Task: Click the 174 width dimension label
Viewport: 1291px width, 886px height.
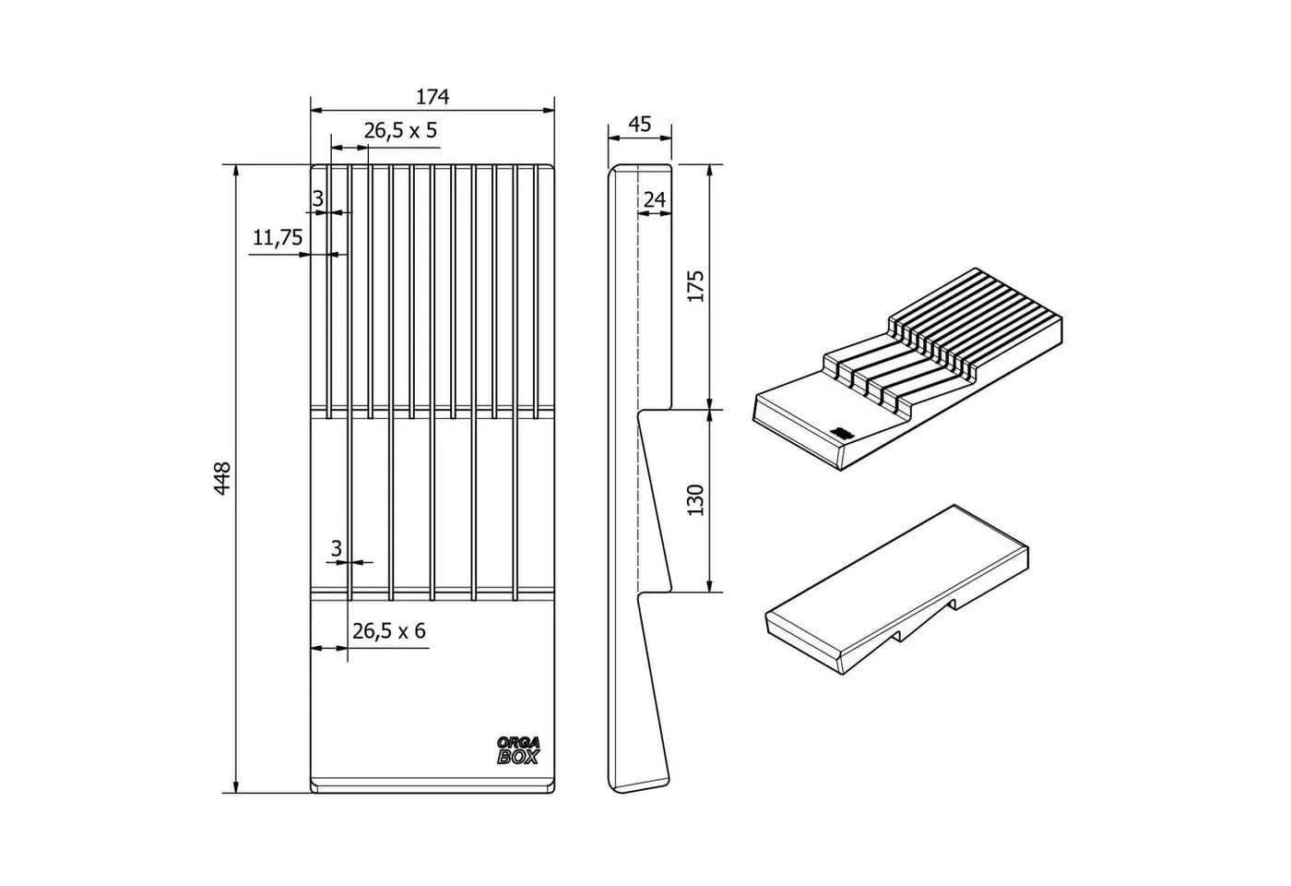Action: click(x=432, y=97)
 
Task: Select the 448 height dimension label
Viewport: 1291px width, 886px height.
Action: click(x=222, y=478)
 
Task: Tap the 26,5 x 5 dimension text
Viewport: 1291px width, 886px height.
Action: click(x=400, y=131)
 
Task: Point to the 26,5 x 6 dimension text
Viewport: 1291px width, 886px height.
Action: click(x=389, y=631)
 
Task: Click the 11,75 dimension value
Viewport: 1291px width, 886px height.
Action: click(x=278, y=237)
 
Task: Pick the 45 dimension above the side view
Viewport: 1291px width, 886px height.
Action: click(x=640, y=124)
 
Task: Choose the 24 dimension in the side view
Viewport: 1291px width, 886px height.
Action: click(x=655, y=199)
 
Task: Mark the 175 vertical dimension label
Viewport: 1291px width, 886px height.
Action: click(x=696, y=285)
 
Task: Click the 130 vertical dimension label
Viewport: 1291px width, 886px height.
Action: click(x=696, y=500)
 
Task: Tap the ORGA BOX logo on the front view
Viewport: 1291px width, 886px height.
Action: click(x=518, y=750)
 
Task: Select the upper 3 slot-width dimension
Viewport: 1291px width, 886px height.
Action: click(x=318, y=199)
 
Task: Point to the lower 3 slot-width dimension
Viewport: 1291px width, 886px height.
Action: click(x=337, y=548)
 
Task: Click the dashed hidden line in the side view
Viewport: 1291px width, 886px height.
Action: click(x=638, y=380)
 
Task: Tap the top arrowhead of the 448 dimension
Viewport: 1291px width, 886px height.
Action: click(x=235, y=172)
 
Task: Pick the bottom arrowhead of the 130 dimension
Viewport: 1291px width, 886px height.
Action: click(x=709, y=584)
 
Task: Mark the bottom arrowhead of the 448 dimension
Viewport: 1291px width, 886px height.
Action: click(x=235, y=785)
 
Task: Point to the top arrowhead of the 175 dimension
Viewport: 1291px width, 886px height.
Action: click(x=709, y=172)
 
